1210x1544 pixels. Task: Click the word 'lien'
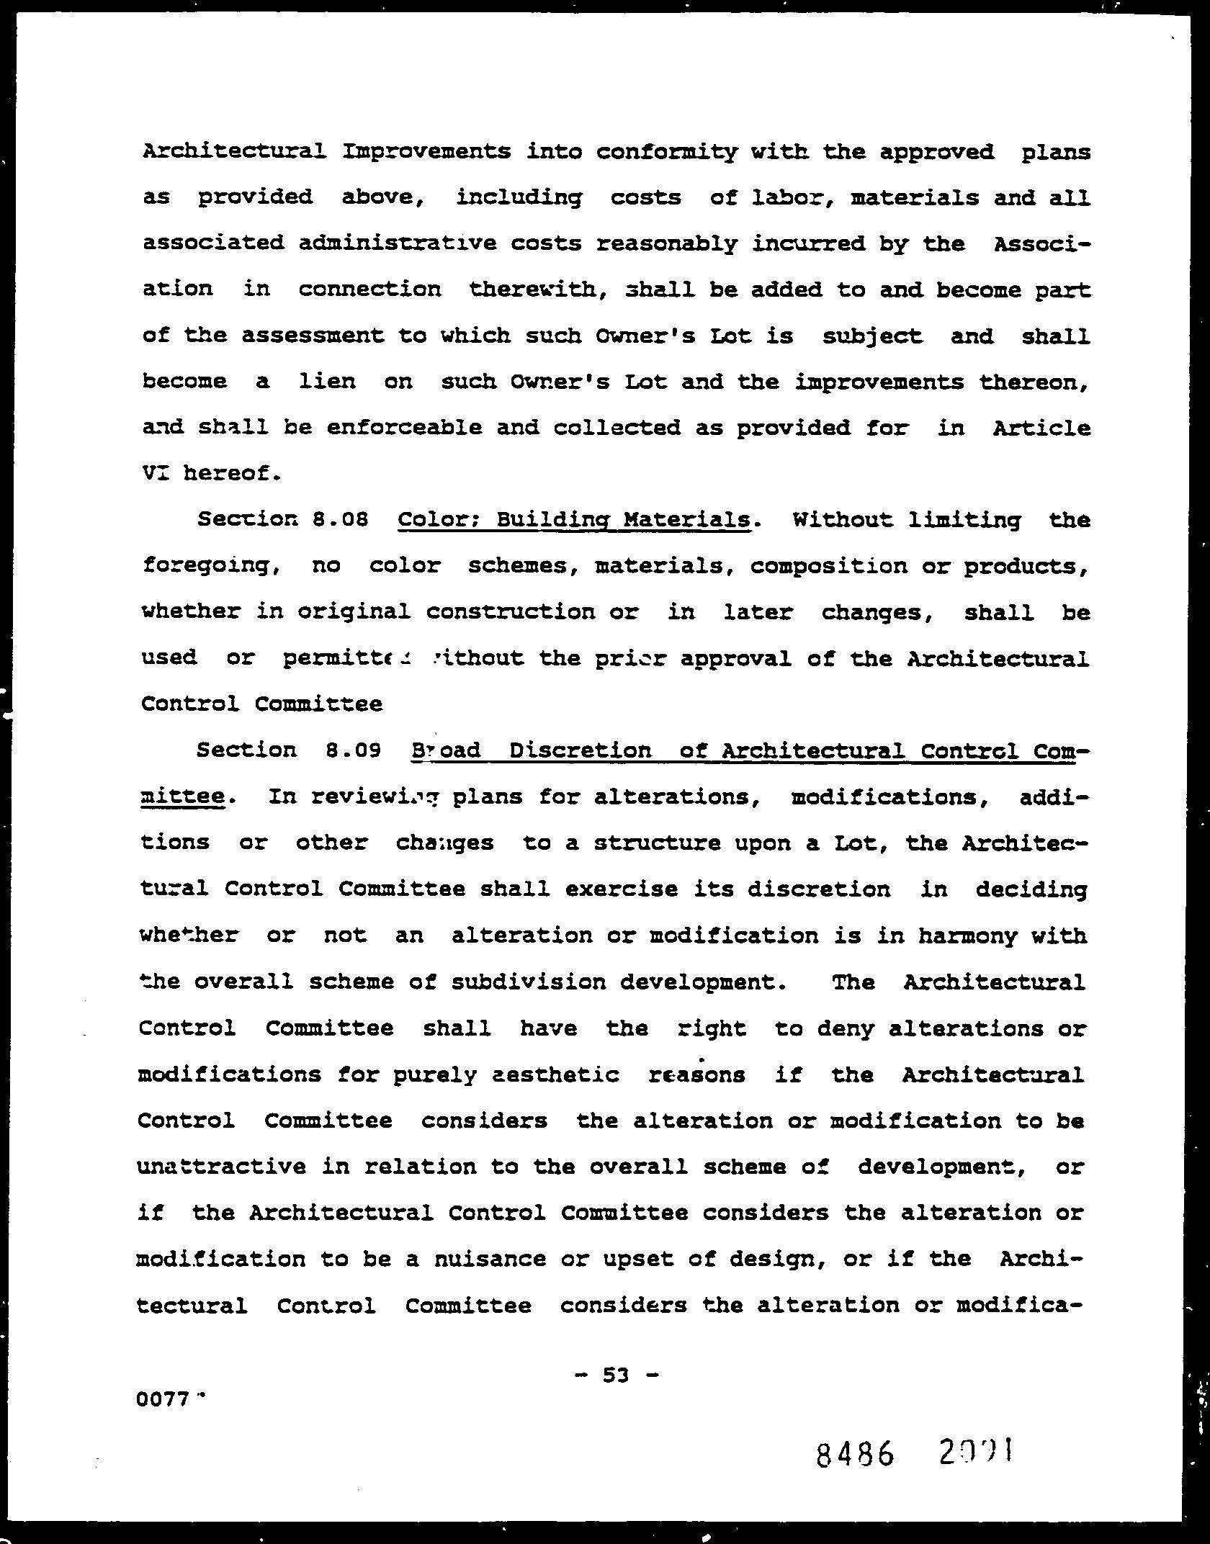pos(327,381)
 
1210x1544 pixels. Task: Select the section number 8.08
pos(341,519)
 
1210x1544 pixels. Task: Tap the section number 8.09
pos(352,750)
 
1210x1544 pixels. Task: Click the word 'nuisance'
pos(490,1259)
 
